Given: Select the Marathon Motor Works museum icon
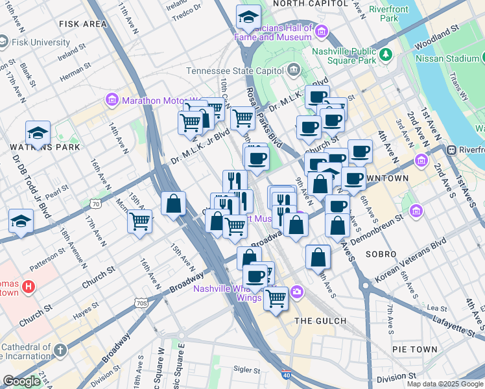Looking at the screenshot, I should (112, 100).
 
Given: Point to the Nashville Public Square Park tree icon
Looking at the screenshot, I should (386, 53).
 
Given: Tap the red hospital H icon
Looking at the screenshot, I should (29, 286).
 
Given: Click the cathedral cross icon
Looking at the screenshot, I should (60, 351).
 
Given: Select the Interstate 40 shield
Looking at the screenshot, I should (287, 375).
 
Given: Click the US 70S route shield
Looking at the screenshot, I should (142, 302).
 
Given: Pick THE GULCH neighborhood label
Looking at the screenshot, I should (320, 321).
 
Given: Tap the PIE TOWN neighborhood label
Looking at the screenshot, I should (414, 349).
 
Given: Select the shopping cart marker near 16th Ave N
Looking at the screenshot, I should (139, 222).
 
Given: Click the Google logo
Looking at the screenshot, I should (22, 381).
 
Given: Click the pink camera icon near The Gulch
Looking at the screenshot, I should (296, 292).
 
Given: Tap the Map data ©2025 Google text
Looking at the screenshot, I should (445, 384).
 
